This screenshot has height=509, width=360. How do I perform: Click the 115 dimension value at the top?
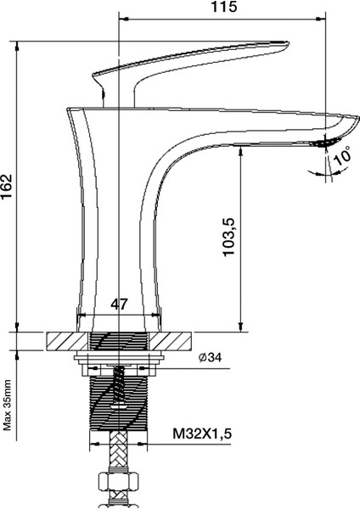pos(223,7)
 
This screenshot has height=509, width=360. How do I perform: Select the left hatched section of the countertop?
pos(63,340)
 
